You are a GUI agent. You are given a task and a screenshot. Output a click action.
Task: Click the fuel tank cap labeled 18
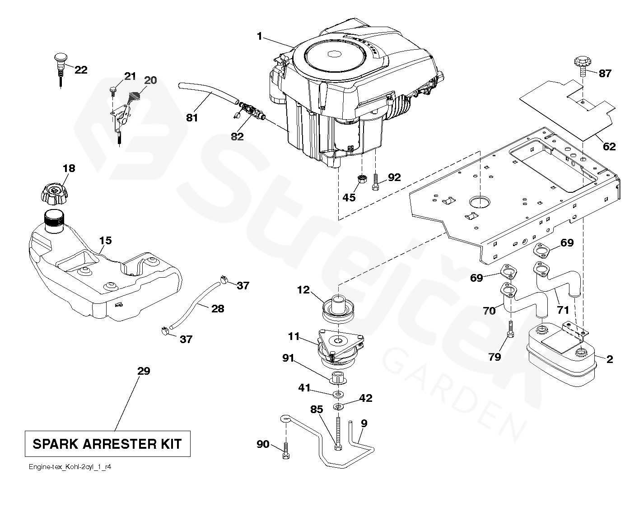point(53,193)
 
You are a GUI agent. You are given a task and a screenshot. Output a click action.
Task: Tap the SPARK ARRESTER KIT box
point(107,444)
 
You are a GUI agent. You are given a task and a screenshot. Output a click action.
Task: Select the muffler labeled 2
point(560,357)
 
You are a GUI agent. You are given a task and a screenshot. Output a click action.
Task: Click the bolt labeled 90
point(285,451)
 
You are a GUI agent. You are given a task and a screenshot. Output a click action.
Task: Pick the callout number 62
point(609,147)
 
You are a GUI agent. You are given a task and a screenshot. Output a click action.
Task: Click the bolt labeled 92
point(375,183)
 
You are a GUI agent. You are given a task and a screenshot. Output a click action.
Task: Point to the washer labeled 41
point(338,395)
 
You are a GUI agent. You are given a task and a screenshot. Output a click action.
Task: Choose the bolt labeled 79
point(510,329)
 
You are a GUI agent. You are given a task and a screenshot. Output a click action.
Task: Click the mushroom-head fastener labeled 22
point(60,61)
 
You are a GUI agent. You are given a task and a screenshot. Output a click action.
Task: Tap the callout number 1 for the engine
point(259,36)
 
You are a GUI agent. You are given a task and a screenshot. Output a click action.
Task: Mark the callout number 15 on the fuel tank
point(105,240)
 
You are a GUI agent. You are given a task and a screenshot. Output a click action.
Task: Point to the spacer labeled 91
point(338,377)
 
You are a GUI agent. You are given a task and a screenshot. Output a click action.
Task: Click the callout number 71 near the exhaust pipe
point(563,310)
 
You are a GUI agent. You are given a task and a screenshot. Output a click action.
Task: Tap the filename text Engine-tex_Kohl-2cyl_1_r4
point(68,467)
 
